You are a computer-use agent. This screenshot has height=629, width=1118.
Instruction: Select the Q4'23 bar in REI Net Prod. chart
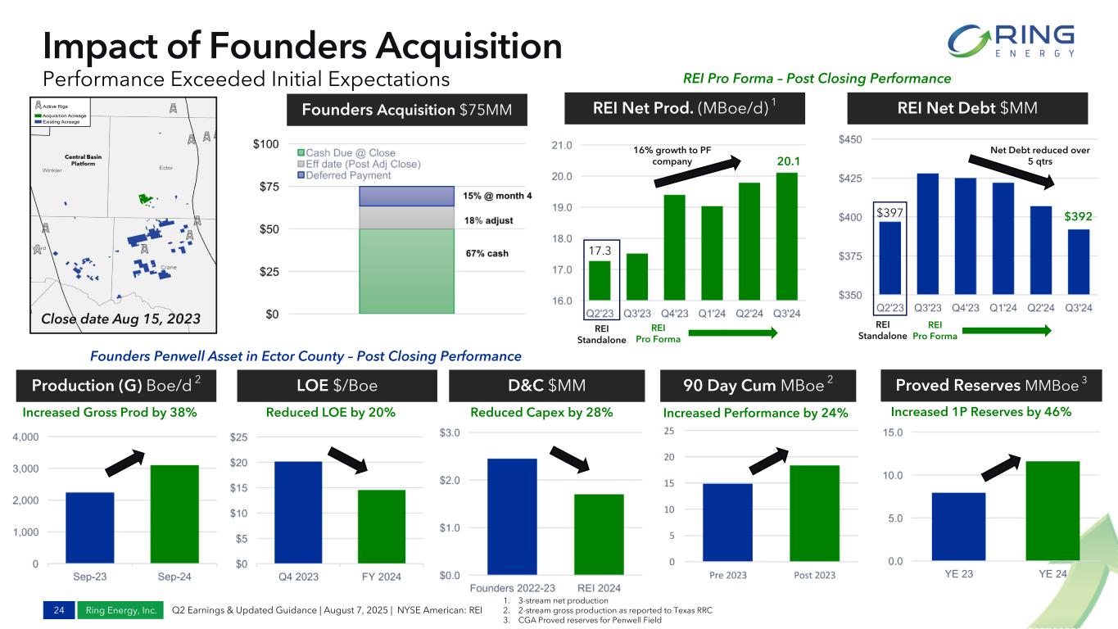pyautogui.click(x=674, y=247)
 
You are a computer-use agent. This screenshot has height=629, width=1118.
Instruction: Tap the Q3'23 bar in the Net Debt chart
pyautogui.click(x=926, y=233)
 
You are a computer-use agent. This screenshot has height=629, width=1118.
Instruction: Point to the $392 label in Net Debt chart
pyautogui.click(x=1079, y=217)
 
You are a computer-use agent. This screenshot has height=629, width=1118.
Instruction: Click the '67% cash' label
pyautogui.click(x=487, y=254)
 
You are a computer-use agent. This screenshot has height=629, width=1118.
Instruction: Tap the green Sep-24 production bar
pyautogui.click(x=174, y=514)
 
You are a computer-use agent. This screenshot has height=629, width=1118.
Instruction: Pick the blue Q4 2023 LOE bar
pyautogui.click(x=298, y=513)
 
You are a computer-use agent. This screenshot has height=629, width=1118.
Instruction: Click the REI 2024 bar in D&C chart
pyautogui.click(x=599, y=535)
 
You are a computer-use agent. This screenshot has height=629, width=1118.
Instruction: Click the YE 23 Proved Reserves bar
pyautogui.click(x=957, y=527)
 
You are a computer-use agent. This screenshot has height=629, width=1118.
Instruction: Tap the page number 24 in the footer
pyautogui.click(x=58, y=609)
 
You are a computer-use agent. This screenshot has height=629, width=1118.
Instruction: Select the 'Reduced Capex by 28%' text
pyautogui.click(x=541, y=413)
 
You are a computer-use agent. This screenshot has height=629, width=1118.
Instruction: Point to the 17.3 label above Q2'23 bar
pyautogui.click(x=600, y=245)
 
